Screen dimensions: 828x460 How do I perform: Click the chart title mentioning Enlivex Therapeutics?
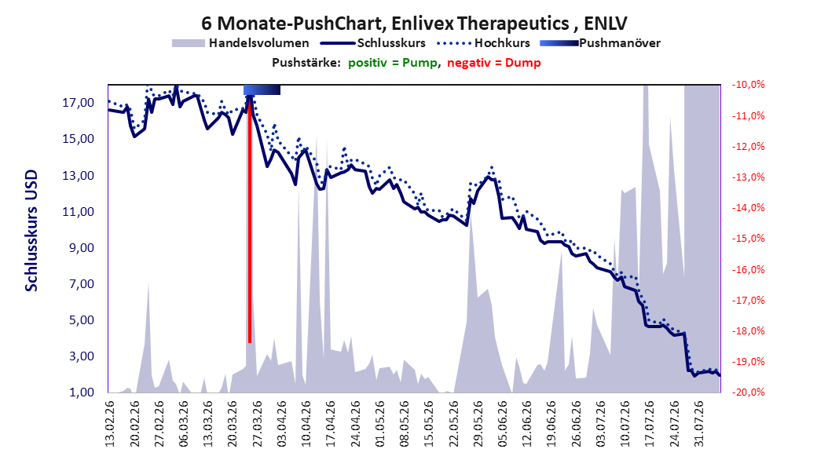click(x=414, y=24)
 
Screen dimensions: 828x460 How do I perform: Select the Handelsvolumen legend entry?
click(x=241, y=43)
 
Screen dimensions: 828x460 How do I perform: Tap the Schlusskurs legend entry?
click(x=373, y=43)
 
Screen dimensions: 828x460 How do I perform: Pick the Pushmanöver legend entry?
click(x=600, y=43)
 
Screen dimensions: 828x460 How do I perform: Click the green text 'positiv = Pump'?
click(x=393, y=63)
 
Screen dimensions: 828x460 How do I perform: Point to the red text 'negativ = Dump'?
click(x=494, y=63)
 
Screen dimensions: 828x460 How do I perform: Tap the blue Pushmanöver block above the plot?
click(x=262, y=90)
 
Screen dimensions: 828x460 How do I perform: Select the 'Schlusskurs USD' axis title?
click(x=31, y=230)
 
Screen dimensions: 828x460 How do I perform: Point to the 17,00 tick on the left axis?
click(x=78, y=102)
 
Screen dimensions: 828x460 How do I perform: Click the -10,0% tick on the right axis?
click(x=748, y=85)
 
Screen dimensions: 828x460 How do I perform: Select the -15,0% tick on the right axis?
click(x=748, y=239)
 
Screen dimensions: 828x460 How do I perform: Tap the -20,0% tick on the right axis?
click(x=748, y=392)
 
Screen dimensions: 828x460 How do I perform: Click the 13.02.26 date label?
click(x=110, y=424)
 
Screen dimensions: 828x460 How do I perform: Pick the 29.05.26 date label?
click(x=478, y=424)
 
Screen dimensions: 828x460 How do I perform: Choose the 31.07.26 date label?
click(x=699, y=424)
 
